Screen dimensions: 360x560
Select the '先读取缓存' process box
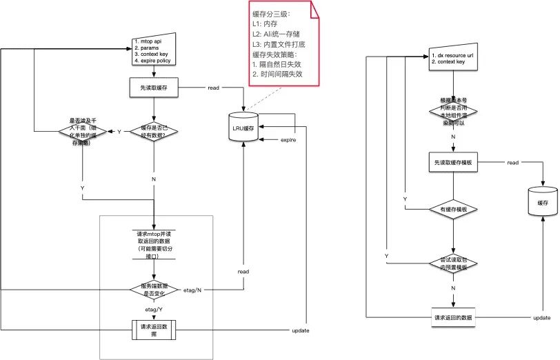[154, 88]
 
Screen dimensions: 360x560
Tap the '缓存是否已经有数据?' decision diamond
[154, 130]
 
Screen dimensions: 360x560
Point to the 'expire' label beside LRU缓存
[288, 140]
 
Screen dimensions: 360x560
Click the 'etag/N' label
[193, 290]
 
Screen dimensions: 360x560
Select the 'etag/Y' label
[153, 310]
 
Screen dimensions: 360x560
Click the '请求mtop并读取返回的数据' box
[154, 244]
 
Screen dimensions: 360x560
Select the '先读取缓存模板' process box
[452, 162]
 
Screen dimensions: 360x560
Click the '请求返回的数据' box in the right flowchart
[452, 317]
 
